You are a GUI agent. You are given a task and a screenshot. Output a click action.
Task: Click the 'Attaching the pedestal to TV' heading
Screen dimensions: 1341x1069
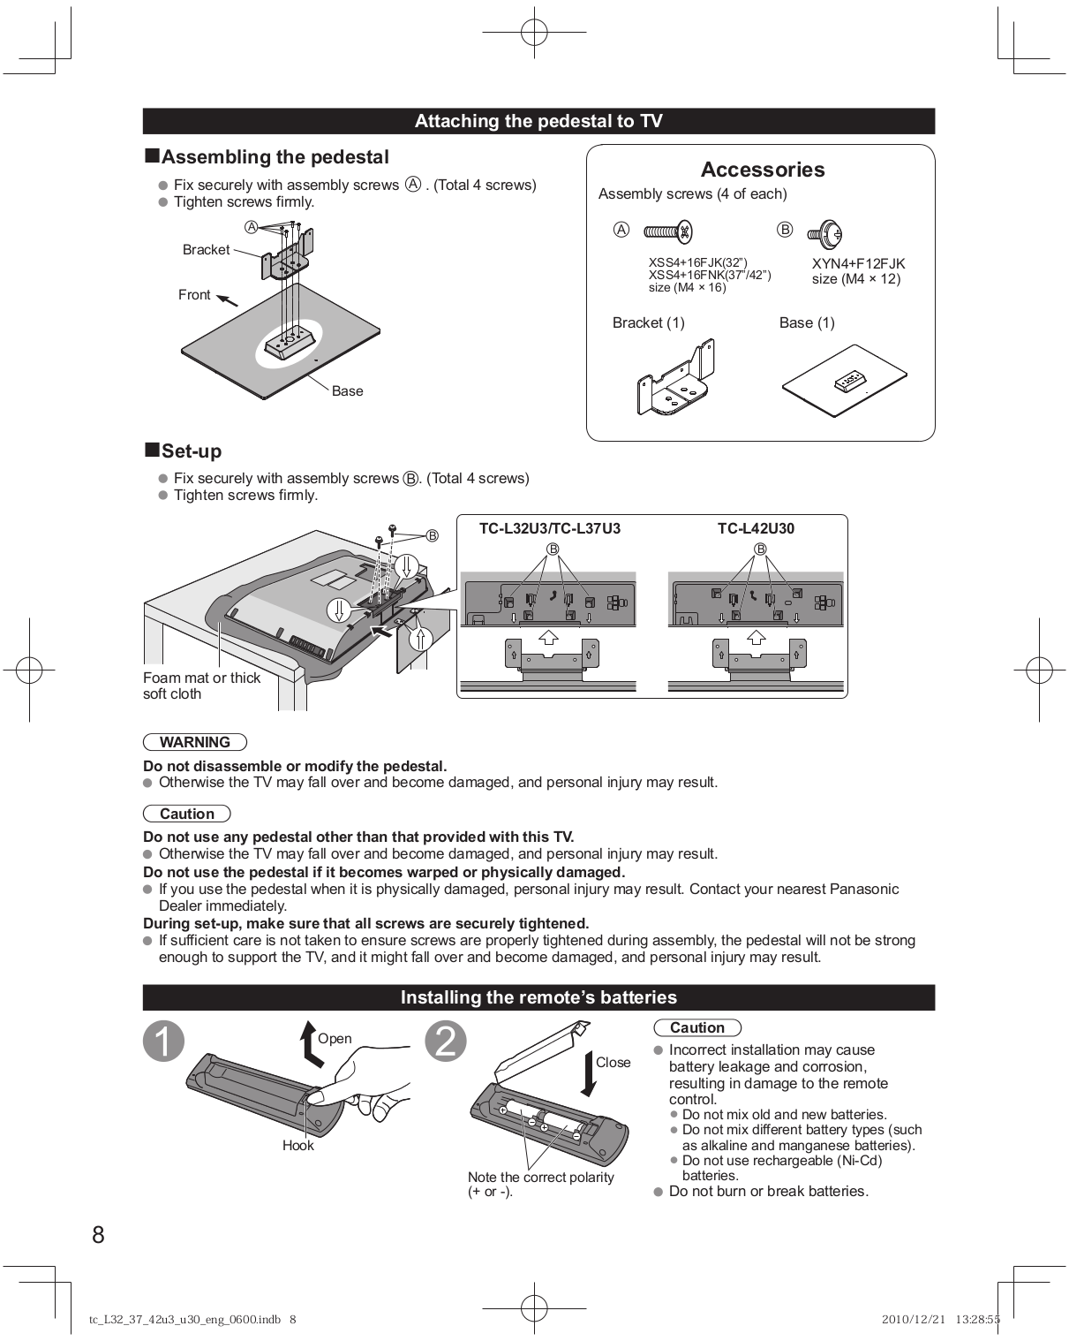[538, 121]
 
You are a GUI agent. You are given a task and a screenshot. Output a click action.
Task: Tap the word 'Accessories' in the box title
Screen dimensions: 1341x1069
[762, 170]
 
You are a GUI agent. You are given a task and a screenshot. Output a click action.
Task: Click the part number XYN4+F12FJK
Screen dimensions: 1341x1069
[858, 263]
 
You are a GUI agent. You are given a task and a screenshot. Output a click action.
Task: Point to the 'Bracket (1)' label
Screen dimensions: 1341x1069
[648, 322]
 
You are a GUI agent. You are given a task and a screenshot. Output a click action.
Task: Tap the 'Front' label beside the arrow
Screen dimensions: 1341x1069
[194, 295]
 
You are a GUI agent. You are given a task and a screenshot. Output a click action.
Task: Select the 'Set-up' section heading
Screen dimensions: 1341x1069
[191, 451]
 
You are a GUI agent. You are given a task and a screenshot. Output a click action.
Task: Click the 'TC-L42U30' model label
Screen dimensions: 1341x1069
[756, 529]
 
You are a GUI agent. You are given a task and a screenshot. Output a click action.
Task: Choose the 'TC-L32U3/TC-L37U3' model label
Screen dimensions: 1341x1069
[549, 529]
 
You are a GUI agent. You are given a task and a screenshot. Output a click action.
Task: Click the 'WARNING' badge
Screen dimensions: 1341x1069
[194, 742]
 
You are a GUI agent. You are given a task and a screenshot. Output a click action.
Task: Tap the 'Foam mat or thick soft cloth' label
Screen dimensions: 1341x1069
[201, 686]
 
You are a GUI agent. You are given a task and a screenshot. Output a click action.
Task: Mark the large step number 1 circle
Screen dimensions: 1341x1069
[164, 1042]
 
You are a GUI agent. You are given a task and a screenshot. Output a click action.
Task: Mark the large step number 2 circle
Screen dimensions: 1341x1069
[446, 1042]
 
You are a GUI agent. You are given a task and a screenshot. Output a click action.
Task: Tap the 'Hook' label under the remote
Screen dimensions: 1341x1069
[297, 1146]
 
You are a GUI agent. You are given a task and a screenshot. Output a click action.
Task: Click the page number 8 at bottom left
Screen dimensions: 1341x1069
[98, 1234]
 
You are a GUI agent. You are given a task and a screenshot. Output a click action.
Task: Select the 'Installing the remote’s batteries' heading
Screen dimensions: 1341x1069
[538, 997]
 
